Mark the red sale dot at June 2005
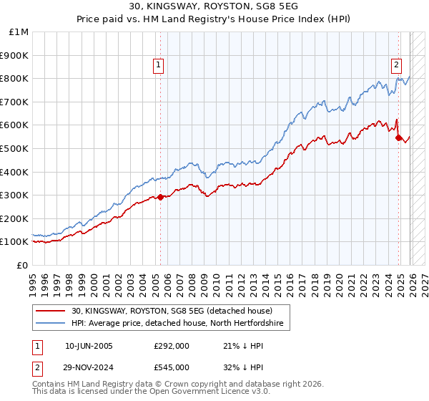point(160,197)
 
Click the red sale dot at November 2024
point(399,138)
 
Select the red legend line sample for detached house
point(51,311)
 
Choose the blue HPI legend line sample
point(51,324)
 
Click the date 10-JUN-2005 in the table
point(89,345)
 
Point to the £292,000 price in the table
point(172,345)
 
